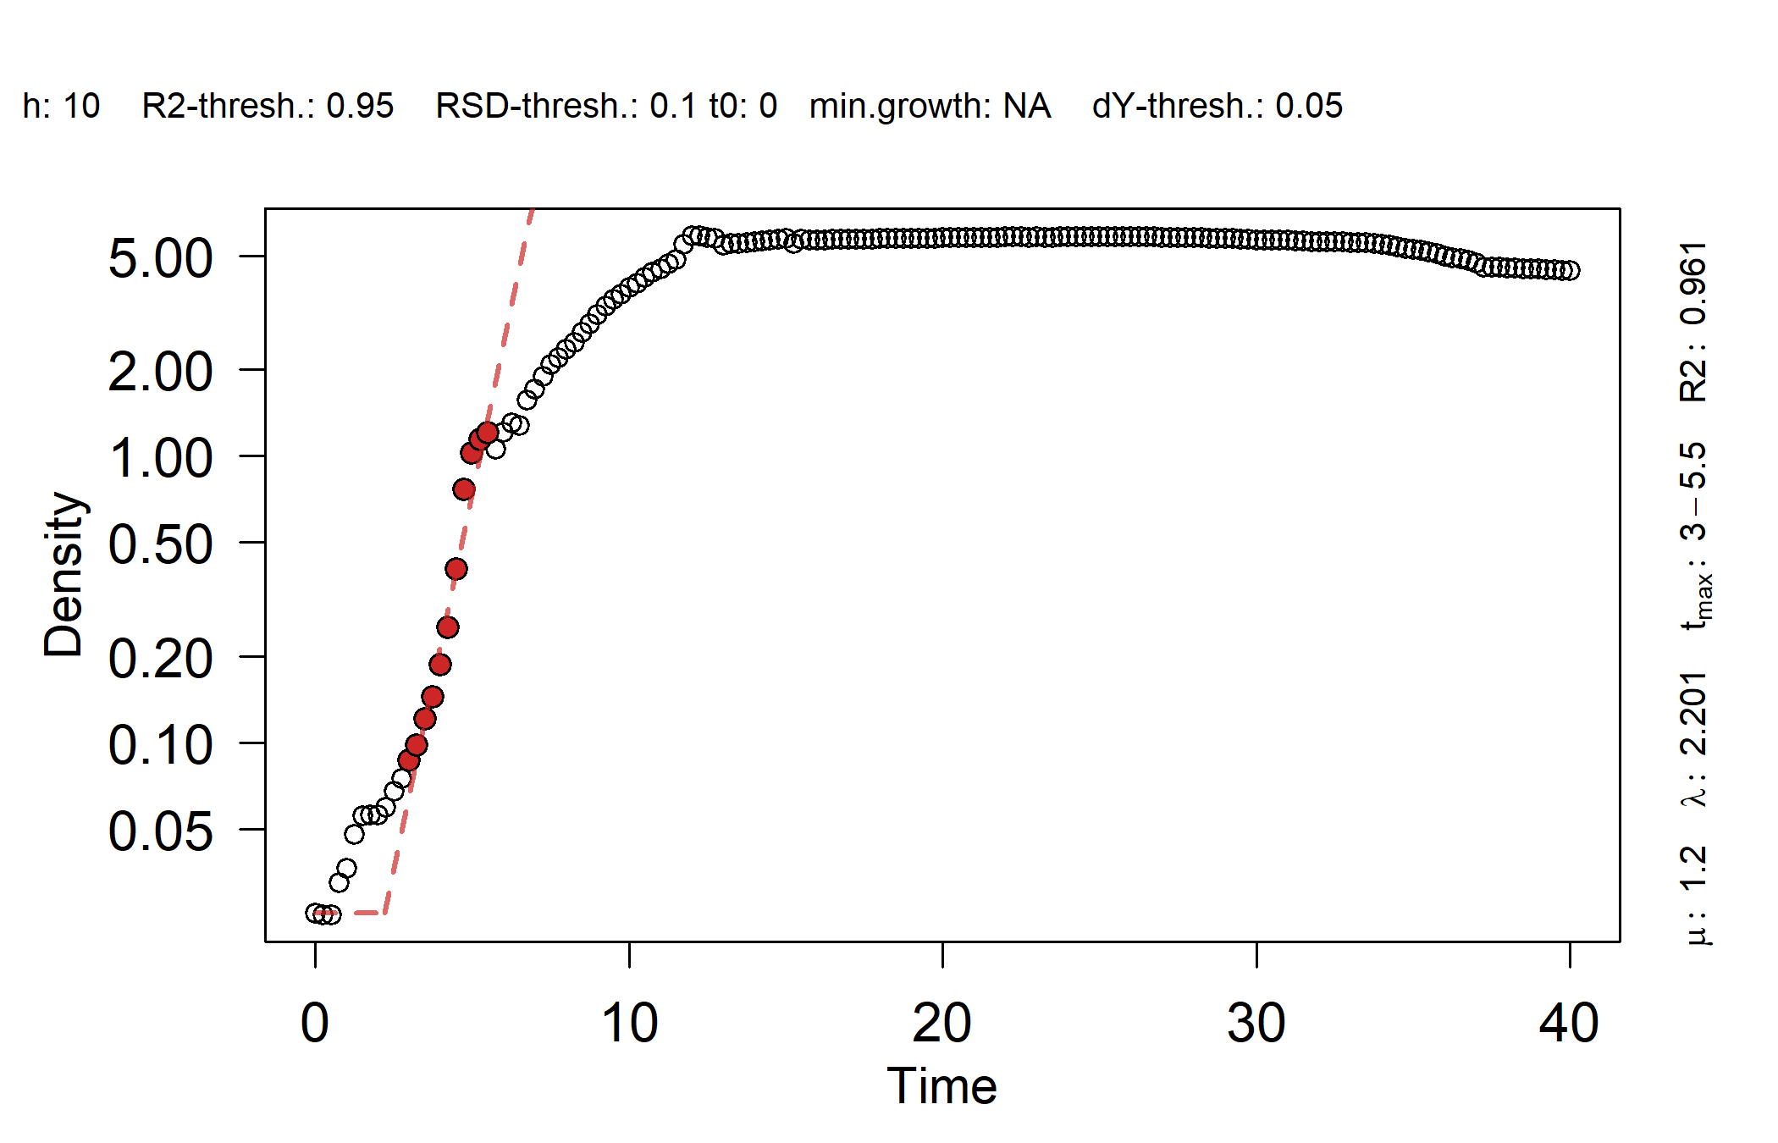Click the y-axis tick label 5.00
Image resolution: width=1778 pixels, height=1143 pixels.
[160, 258]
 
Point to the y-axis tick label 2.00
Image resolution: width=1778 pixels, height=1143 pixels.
[160, 372]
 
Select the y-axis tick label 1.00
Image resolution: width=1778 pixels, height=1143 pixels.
[160, 458]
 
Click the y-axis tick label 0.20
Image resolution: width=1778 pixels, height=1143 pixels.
[160, 659]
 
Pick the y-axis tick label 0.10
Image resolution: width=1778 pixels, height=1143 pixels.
[160, 745]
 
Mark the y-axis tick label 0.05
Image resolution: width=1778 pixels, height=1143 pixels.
[160, 831]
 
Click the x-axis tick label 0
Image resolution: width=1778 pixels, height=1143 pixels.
[315, 1023]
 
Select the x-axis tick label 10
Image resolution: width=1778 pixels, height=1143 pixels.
[629, 1023]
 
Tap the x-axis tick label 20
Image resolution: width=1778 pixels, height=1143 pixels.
[942, 1023]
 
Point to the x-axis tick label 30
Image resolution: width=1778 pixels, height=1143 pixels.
[1256, 1023]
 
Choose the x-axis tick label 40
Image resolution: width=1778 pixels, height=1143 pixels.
[1569, 1023]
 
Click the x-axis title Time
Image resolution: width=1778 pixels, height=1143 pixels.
[941, 1085]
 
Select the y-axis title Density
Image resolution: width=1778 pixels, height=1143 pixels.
[64, 574]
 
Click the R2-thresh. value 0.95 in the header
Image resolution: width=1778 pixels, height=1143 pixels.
[360, 107]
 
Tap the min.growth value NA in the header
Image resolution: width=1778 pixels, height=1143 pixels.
[1026, 107]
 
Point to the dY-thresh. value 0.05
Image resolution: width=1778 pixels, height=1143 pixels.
[1309, 107]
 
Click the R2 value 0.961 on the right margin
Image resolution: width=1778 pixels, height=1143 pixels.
[1693, 283]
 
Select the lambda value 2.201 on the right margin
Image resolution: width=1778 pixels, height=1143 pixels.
[1693, 713]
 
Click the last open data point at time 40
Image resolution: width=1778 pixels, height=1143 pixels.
[1570, 271]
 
